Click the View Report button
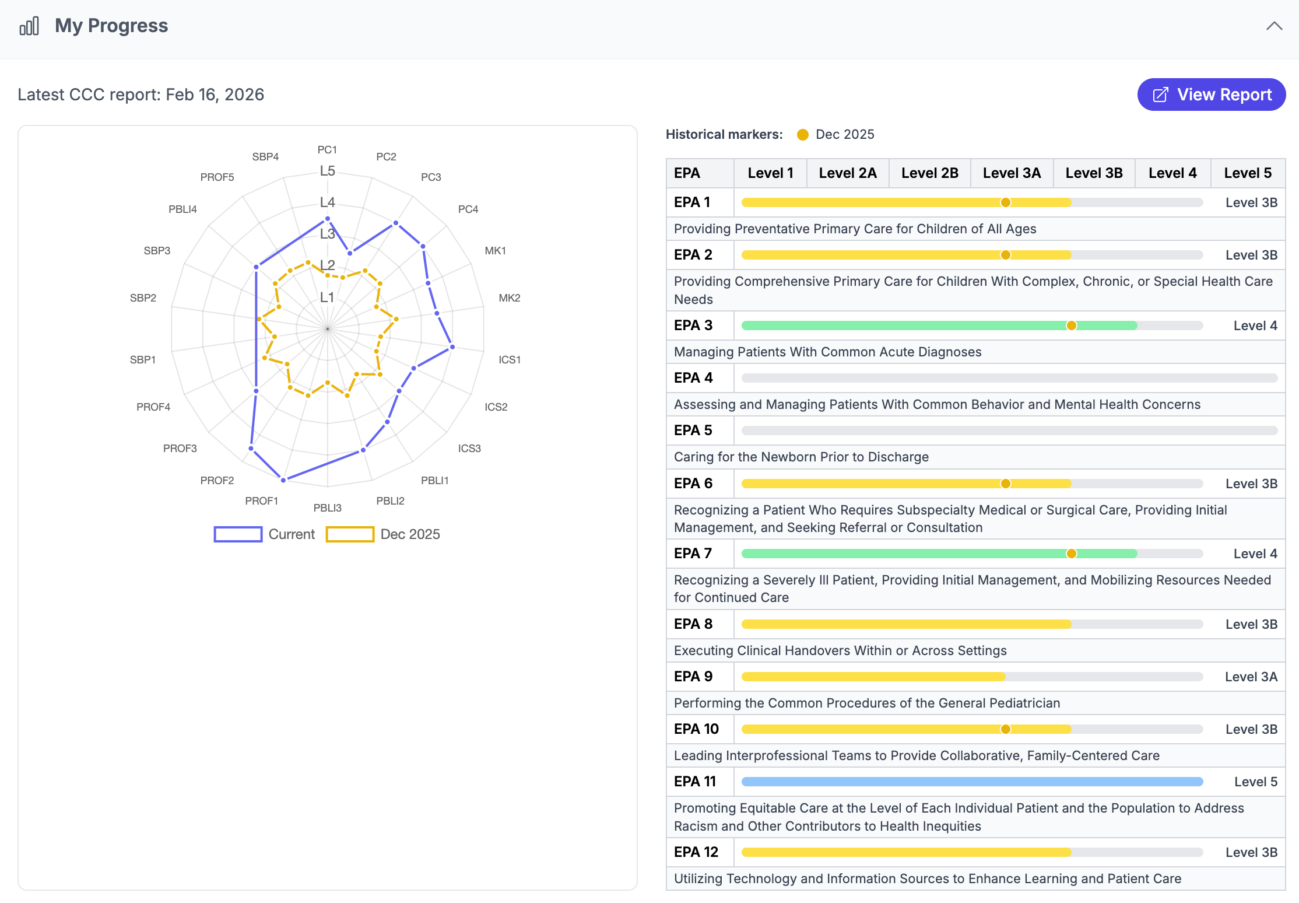click(1211, 94)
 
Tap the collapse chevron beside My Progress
click(1274, 26)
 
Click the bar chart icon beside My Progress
click(29, 26)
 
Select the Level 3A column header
click(1011, 173)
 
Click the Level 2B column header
click(929, 173)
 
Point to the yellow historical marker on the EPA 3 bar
click(1071, 325)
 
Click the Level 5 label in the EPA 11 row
click(1255, 782)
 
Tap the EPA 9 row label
click(693, 677)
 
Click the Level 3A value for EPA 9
click(1251, 677)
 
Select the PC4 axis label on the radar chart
click(468, 209)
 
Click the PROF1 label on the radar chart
click(261, 501)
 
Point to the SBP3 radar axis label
click(157, 250)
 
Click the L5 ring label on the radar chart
click(327, 171)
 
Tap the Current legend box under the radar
click(238, 534)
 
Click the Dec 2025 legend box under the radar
click(350, 534)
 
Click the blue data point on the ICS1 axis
click(452, 347)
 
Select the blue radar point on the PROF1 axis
click(283, 480)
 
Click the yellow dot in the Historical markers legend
click(803, 135)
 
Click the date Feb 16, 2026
click(215, 94)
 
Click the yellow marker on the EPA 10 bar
click(1005, 729)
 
